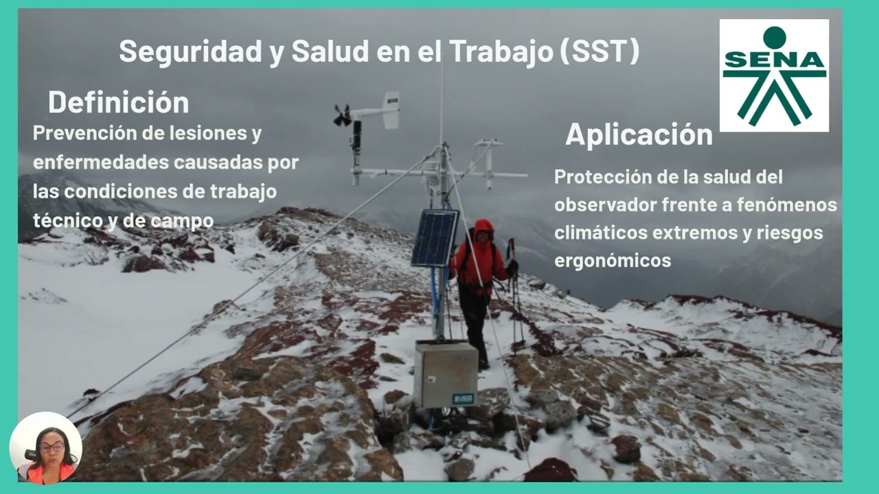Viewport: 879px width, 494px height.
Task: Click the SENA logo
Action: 774,75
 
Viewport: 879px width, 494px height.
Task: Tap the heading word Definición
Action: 118,102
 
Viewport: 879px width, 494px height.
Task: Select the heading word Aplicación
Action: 639,134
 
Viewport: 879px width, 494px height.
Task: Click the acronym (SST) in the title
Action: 600,51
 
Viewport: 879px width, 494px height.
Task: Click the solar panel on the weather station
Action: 435,238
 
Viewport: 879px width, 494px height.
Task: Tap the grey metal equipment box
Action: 445,375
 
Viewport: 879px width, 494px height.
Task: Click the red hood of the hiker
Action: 483,228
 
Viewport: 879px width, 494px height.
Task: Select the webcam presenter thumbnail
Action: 45,448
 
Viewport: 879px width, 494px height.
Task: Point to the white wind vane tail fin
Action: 391,110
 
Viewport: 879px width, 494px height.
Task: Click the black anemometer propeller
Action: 342,115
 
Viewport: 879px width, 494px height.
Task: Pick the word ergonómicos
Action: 613,261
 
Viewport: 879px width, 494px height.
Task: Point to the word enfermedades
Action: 100,163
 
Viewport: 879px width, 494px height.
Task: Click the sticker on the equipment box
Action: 464,399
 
